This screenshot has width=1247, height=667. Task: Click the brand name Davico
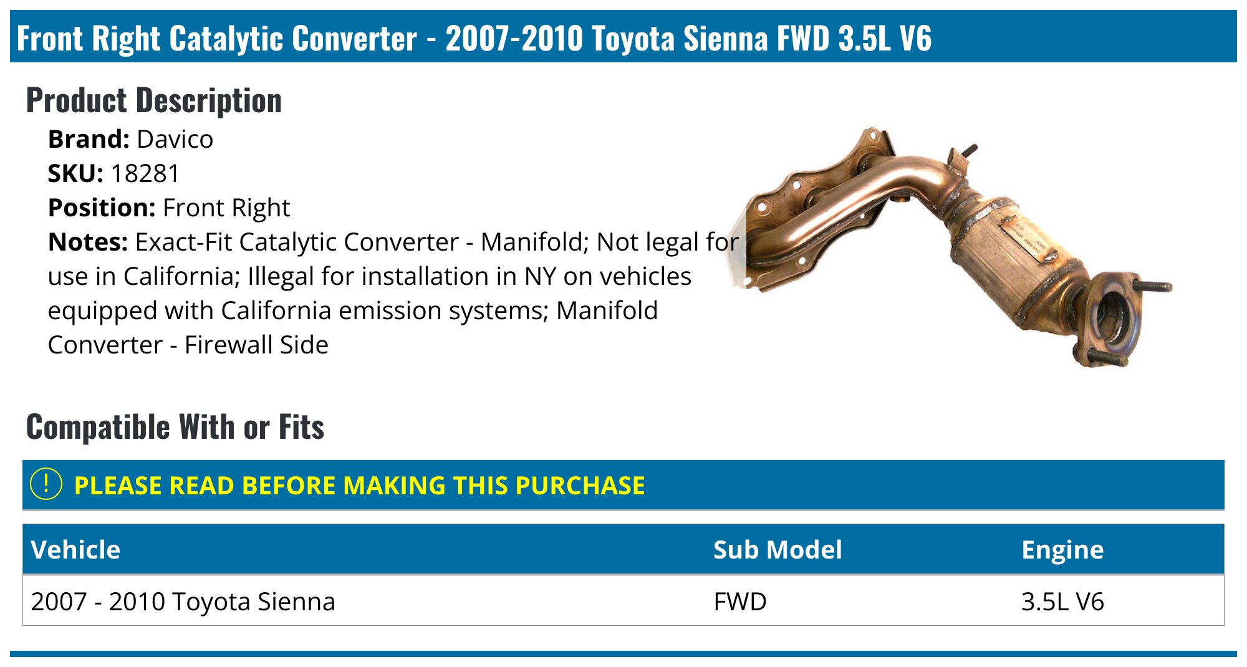(175, 140)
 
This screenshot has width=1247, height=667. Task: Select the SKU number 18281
(145, 174)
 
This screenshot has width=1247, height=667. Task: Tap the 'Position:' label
(102, 208)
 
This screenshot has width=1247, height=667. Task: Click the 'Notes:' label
(88, 242)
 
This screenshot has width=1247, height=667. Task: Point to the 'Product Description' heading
(154, 101)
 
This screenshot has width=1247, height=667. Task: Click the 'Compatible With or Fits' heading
(175, 428)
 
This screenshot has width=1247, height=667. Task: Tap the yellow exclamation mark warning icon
(46, 484)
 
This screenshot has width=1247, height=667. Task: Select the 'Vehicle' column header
(75, 550)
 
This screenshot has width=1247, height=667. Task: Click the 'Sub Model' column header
(778, 550)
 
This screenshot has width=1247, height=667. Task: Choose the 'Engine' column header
(1062, 550)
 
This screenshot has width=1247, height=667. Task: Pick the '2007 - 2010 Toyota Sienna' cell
(183, 602)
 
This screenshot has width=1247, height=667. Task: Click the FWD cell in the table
(740, 602)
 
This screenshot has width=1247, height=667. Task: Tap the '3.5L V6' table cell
(1062, 602)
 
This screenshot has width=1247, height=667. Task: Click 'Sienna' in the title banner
(726, 39)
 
